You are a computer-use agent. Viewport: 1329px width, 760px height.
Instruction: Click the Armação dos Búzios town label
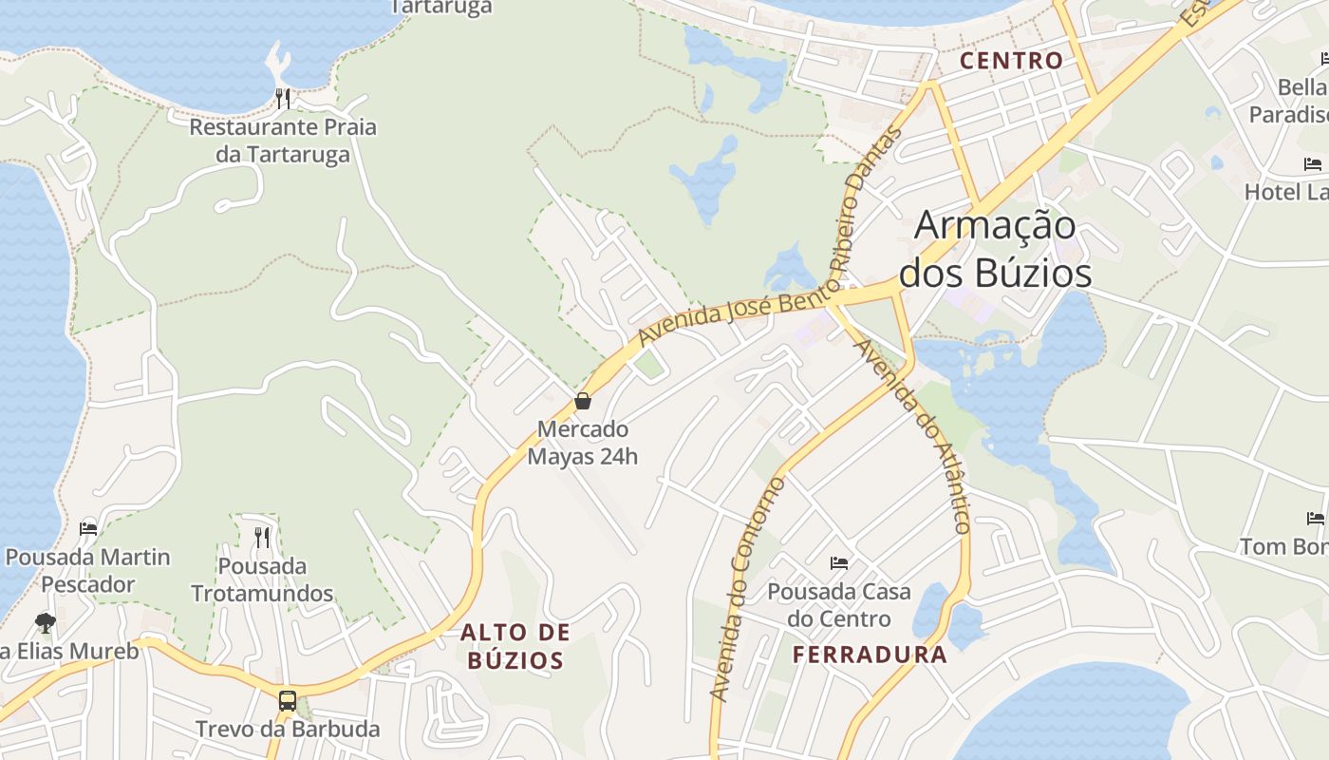[995, 249]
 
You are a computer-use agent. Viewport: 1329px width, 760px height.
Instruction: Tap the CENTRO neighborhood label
[1011, 61]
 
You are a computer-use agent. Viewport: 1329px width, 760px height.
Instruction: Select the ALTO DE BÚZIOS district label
[515, 646]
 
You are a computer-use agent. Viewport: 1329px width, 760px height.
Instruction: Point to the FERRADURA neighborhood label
[870, 655]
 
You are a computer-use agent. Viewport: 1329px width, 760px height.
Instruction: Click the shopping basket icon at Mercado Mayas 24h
[583, 401]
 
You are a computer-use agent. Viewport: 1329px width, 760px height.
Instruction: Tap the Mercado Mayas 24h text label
[583, 443]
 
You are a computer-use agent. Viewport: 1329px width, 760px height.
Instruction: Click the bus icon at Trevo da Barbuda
[288, 701]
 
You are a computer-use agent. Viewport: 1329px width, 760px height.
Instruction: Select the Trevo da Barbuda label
[288, 730]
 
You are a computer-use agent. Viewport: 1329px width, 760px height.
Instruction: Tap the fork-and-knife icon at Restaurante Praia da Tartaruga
[283, 98]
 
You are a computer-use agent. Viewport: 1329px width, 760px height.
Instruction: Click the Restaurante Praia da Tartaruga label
[283, 141]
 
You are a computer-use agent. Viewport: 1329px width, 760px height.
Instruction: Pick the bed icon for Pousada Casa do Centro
[839, 562]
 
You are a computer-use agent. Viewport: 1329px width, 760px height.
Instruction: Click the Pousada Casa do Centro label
[839, 605]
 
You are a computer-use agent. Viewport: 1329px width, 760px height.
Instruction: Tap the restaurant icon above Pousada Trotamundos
[262, 537]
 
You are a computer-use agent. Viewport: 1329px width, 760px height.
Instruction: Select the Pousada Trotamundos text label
[262, 579]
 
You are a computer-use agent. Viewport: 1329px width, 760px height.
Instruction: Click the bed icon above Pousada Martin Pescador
[88, 528]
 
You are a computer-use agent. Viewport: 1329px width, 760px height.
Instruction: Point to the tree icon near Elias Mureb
[45, 623]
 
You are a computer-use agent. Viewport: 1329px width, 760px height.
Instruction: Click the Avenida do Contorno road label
[748, 589]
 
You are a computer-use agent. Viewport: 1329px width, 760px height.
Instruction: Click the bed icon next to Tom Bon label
[1315, 518]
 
